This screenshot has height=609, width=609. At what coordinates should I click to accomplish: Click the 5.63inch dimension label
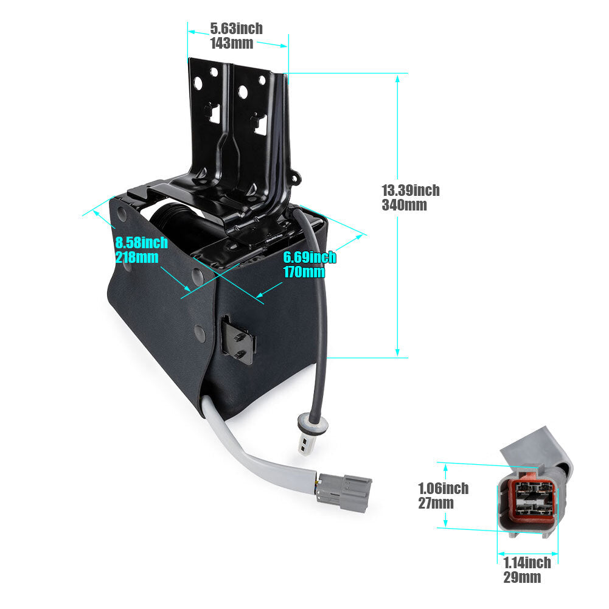click(236, 29)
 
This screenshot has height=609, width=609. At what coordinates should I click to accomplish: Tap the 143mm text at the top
click(231, 43)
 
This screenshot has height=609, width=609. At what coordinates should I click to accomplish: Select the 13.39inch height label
click(411, 190)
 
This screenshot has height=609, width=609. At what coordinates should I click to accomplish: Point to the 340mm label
click(404, 204)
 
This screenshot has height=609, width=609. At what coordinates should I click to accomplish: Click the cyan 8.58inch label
click(141, 243)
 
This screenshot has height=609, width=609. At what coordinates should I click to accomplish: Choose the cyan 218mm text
click(137, 257)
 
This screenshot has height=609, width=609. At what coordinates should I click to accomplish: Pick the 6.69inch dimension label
click(310, 257)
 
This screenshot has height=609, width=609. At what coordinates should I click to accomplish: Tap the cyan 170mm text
click(304, 271)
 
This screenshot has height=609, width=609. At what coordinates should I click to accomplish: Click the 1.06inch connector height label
click(443, 488)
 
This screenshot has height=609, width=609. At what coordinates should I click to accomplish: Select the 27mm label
click(436, 503)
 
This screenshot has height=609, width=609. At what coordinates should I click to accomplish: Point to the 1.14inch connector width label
click(527, 562)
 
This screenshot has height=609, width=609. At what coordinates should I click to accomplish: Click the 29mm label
click(522, 577)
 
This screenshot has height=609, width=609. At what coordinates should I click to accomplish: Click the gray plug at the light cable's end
click(344, 490)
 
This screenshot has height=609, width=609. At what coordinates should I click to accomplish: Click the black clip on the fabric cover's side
click(238, 340)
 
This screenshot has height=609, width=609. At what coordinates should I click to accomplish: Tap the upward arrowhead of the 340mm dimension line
click(397, 79)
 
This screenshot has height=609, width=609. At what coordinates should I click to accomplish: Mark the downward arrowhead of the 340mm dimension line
click(397, 352)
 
